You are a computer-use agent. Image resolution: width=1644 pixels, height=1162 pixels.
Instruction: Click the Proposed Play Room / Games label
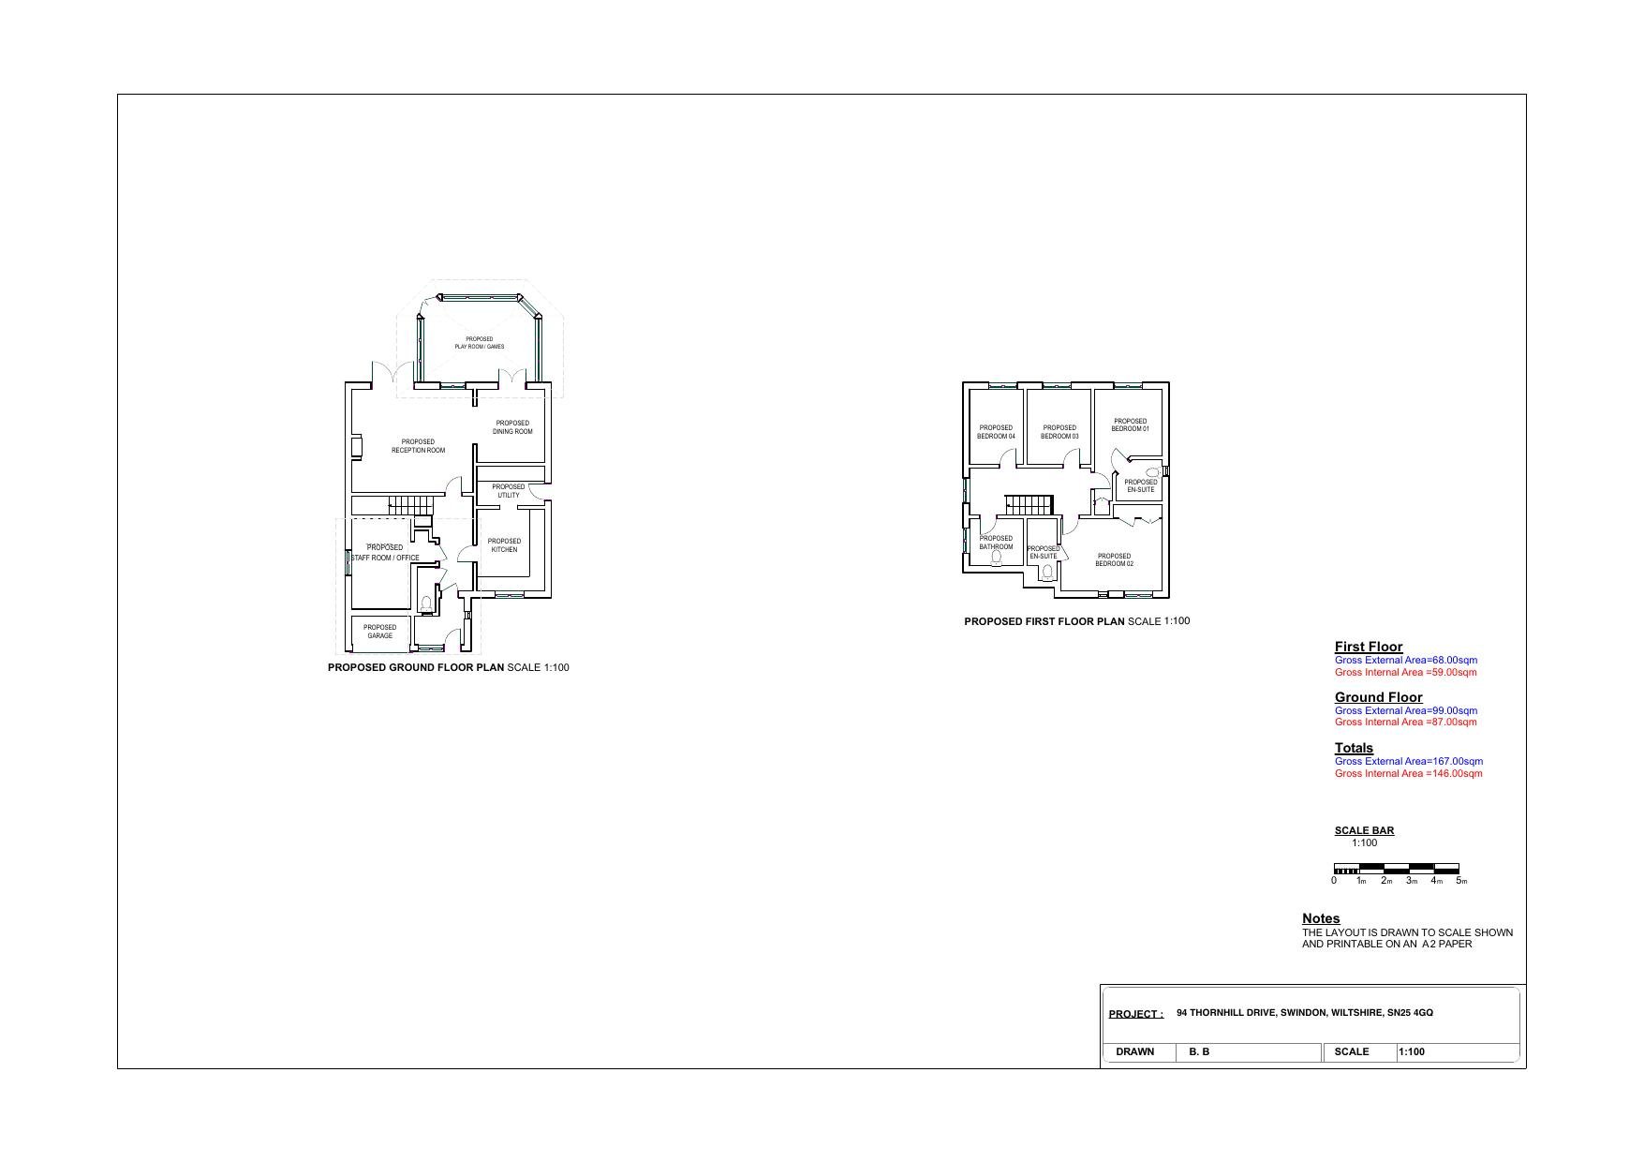480,343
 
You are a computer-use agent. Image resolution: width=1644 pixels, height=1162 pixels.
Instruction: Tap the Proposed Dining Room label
512,427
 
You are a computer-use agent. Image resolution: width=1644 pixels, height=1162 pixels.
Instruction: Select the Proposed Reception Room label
418,446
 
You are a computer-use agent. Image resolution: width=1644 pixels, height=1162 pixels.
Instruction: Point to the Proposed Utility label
509,491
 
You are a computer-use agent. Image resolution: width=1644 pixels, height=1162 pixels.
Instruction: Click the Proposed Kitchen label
504,545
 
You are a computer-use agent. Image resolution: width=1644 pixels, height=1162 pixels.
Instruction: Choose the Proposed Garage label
380,632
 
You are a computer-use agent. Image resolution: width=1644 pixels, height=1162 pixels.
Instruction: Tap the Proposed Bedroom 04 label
996,432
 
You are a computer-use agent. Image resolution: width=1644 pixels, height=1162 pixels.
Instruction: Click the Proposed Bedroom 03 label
1059,432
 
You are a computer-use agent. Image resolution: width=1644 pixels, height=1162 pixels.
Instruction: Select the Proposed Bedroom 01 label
1131,425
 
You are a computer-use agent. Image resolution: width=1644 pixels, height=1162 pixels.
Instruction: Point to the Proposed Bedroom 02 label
1115,560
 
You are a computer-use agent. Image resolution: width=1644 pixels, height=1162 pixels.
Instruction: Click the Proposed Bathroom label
996,543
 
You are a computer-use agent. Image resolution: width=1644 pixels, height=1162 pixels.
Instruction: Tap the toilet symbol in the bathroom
996,559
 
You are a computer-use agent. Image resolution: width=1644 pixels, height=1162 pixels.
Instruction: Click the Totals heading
1354,748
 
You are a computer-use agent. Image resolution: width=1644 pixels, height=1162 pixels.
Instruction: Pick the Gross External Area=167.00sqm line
1408,761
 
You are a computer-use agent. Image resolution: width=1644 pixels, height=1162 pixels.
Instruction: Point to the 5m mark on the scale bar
1460,881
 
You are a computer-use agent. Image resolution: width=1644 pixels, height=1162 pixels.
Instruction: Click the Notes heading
1321,918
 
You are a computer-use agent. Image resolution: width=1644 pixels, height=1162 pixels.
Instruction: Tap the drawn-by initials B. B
1199,1052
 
